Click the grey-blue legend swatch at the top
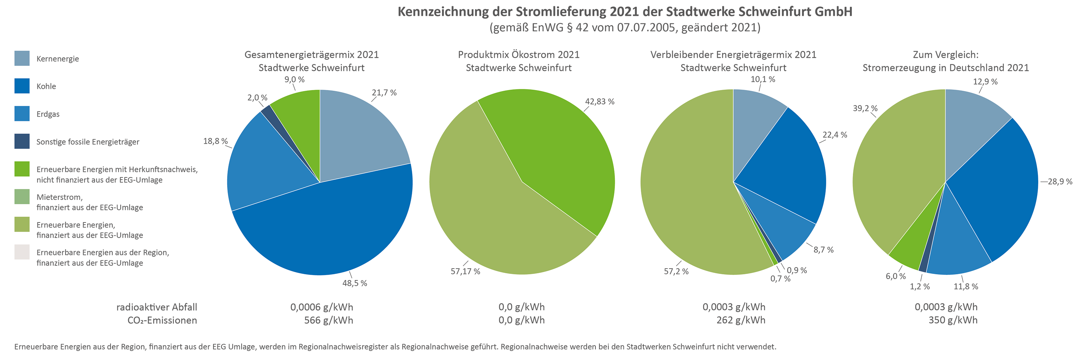[22, 58]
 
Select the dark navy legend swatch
[22, 141]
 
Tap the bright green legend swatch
[22, 169]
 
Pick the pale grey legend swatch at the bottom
[22, 252]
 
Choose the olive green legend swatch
[22, 224]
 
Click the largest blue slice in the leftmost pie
[331, 226]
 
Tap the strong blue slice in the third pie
[788, 168]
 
